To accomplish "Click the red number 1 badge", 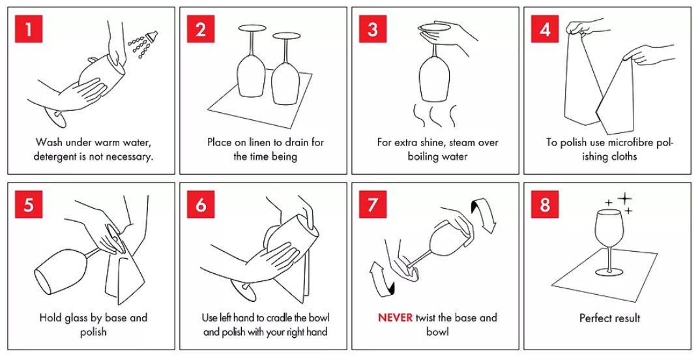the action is coord(29,29).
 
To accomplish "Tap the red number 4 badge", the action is coord(545,29).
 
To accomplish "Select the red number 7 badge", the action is coord(373,205).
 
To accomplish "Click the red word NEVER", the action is coord(395,318).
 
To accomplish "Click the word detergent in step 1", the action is coord(55,157).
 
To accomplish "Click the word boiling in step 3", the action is coord(422,157).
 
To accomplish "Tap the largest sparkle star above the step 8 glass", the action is coord(624,198).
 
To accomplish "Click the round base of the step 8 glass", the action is coord(609,271).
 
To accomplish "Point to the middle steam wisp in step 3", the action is coord(433,116).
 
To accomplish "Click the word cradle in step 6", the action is coord(280,318).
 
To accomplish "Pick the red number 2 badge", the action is coord(201,29).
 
